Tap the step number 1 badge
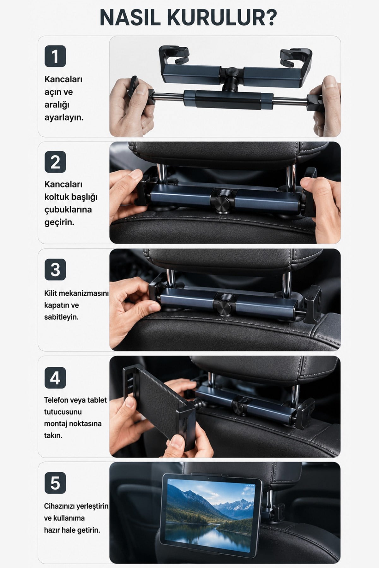(55, 56)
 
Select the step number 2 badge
(55, 162)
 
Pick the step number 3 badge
(55, 269)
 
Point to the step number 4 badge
(55, 378)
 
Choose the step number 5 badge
(55, 483)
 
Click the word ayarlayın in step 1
(64, 118)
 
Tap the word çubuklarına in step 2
(68, 210)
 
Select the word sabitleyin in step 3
(61, 317)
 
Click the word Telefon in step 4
(56, 400)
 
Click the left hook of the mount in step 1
(175, 55)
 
